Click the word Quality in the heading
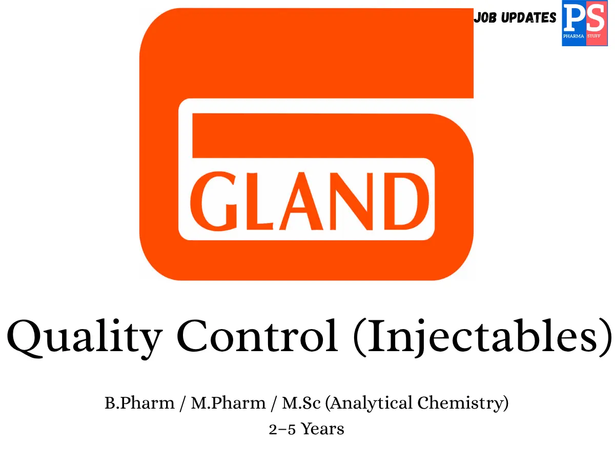point(85,339)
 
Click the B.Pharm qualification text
point(139,403)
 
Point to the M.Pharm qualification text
point(228,403)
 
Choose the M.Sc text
point(301,403)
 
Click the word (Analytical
point(368,403)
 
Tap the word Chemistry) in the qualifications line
point(463,403)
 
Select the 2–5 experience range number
point(282,430)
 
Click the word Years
point(323,429)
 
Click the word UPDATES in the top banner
point(529,17)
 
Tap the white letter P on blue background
point(574,18)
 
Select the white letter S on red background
point(595,18)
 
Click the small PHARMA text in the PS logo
point(573,36)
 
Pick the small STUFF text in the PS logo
point(594,36)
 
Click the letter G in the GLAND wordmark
point(214,201)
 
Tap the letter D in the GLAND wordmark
point(406,201)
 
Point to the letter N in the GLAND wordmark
point(351,201)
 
